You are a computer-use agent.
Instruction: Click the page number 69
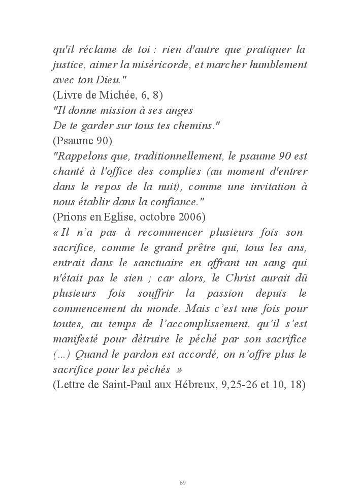183,482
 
